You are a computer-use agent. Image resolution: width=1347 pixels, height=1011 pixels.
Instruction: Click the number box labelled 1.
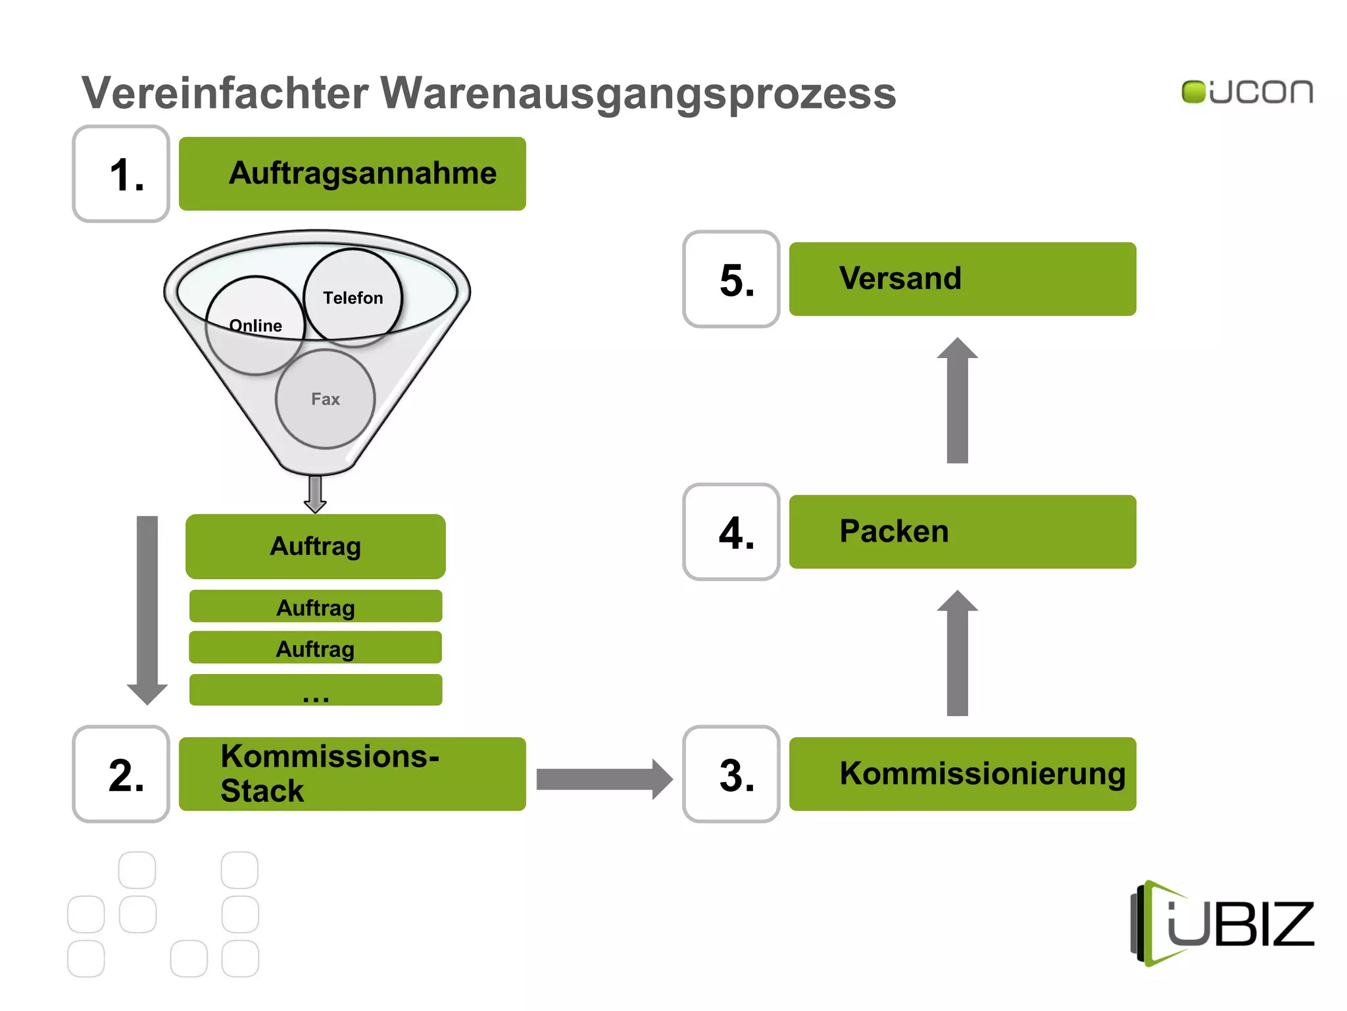point(121,174)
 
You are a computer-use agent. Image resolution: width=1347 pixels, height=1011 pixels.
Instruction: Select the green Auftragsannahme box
point(353,174)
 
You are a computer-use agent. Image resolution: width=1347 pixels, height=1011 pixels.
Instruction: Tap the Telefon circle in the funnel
point(353,297)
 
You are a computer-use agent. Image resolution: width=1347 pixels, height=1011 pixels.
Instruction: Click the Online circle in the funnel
point(255,326)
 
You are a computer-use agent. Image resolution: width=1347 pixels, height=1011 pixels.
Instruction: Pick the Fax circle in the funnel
point(326,399)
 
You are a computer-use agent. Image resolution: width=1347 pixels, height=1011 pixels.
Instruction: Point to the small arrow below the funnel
point(316,494)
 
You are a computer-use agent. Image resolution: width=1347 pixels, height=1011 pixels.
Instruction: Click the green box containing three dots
point(316,690)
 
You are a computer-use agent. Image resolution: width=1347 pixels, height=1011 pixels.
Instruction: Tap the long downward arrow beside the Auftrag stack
point(147,609)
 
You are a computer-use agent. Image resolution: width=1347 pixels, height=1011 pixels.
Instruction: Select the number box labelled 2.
point(121,774)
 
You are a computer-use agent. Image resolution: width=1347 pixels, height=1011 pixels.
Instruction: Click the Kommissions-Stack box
point(353,774)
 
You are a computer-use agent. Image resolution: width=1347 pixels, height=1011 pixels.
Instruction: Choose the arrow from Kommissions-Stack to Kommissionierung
point(604,779)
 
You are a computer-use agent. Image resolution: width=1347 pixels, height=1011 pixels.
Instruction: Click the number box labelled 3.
point(731,774)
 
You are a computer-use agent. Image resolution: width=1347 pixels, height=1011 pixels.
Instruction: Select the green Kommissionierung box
point(963,774)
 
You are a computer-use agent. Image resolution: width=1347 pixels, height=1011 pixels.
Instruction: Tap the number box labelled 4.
point(731,532)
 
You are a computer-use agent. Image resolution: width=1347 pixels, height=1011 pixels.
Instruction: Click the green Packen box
point(963,532)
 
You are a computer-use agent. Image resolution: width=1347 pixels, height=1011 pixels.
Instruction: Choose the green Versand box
point(963,279)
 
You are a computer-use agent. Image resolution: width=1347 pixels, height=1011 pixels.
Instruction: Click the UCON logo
point(1247,92)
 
